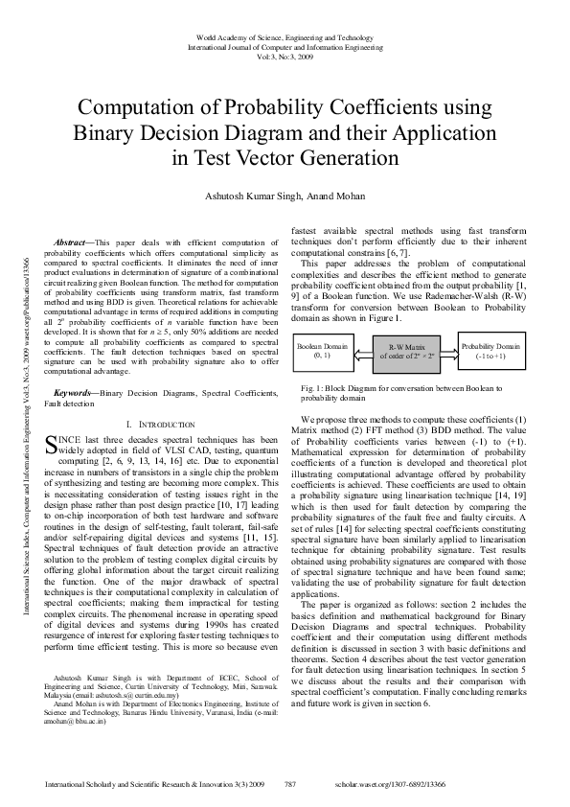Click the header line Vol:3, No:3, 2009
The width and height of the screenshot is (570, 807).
point(285,56)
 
